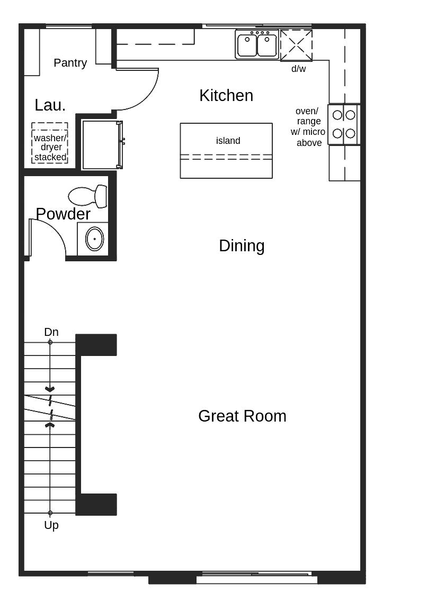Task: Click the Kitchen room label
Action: [226, 96]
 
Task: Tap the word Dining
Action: [242, 246]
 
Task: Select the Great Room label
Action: [242, 416]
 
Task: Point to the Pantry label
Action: [70, 63]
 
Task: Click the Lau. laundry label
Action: [50, 105]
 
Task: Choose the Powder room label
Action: [63, 214]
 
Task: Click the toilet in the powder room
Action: [87, 196]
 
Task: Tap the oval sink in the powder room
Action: [94, 239]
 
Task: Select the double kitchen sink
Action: [257, 44]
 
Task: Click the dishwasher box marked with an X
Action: [296, 45]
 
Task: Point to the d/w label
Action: [298, 69]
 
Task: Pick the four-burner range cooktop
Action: [344, 124]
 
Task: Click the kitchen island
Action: [226, 151]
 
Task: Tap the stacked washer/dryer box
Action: [50, 143]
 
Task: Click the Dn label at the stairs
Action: [51, 332]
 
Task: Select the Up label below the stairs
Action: [51, 525]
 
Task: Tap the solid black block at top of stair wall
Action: [96, 345]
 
